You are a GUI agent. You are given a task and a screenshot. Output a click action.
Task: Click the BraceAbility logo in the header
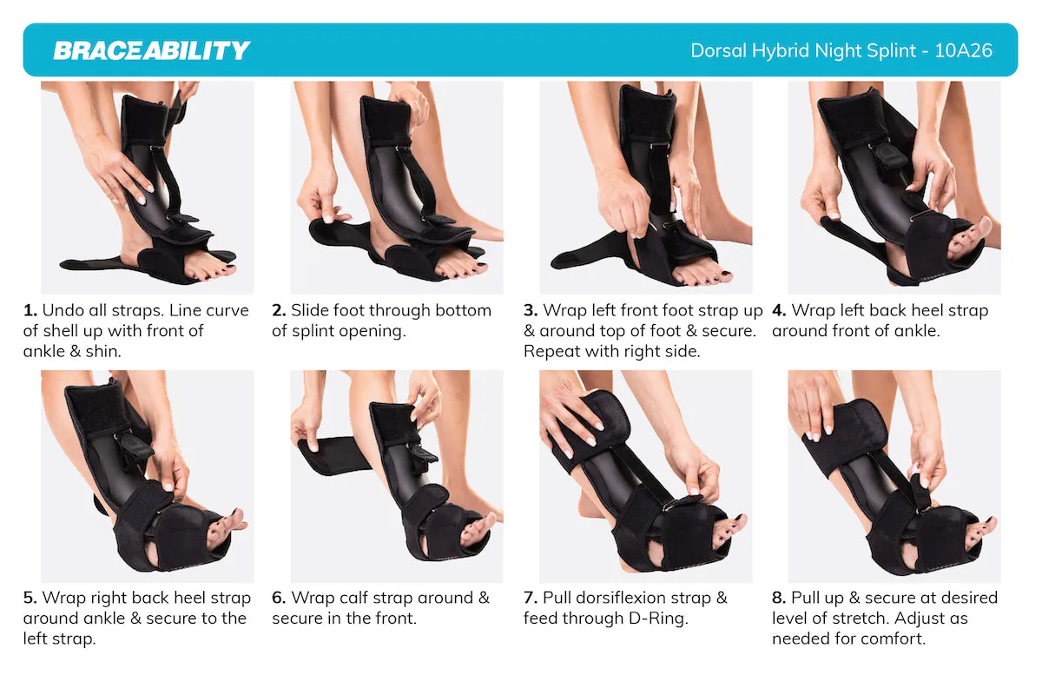tap(152, 50)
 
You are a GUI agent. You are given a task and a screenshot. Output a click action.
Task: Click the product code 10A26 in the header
tap(963, 50)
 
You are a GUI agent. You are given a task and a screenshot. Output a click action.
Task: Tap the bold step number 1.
tap(30, 310)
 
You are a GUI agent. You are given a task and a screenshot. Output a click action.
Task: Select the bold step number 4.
tap(779, 310)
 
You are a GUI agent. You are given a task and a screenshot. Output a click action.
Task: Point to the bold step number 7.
tap(531, 598)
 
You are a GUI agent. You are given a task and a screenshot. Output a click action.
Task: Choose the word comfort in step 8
tap(895, 639)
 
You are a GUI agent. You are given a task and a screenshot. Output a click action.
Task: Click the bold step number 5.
tap(30, 598)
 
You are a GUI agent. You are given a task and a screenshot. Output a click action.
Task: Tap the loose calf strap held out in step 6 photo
tap(333, 456)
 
